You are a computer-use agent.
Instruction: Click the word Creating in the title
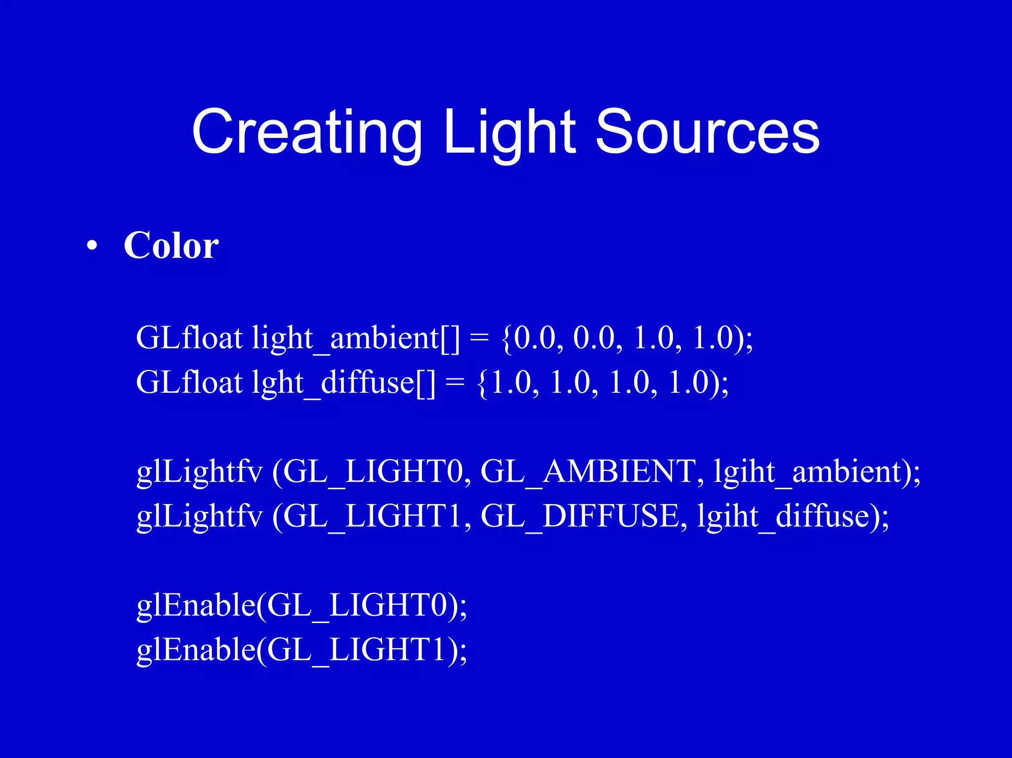[x=306, y=132]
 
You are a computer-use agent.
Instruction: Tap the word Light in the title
[x=509, y=132]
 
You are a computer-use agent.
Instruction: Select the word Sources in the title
[x=707, y=132]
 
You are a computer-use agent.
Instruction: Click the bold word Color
[x=171, y=246]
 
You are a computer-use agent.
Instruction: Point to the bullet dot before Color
[x=92, y=247]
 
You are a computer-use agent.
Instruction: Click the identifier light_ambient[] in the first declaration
[x=355, y=339]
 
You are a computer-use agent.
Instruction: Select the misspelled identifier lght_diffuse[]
[x=344, y=383]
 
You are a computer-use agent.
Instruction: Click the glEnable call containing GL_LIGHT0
[x=301, y=605]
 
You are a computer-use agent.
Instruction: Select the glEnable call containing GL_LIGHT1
[x=301, y=650]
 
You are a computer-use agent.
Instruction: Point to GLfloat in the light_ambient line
[x=189, y=339]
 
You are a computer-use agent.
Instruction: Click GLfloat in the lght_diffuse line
[x=189, y=383]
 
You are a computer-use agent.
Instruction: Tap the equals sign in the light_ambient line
[x=479, y=339]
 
